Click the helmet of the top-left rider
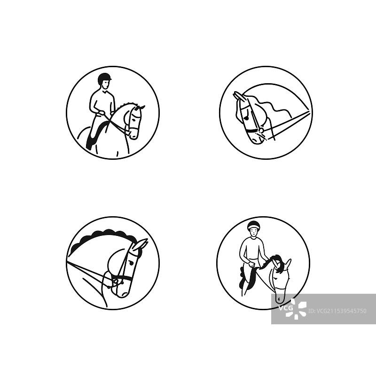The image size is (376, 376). point(104,78)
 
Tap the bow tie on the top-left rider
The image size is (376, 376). point(104,91)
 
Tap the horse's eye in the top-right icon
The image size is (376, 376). point(246,117)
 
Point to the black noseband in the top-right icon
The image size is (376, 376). point(251,131)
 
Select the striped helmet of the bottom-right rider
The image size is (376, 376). point(254,225)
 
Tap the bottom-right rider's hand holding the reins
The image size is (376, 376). point(251,265)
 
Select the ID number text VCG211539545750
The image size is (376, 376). point(341,311)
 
